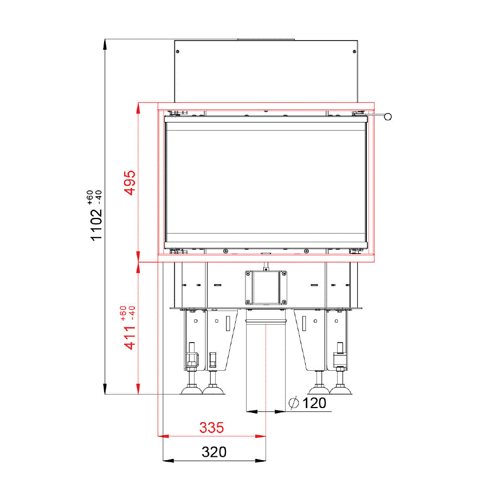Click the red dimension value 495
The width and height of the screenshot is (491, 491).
pyautogui.click(x=130, y=183)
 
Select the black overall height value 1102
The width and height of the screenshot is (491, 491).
pyautogui.click(x=96, y=225)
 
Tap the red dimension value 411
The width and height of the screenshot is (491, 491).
pyautogui.click(x=130, y=338)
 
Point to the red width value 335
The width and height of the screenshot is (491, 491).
pyautogui.click(x=212, y=428)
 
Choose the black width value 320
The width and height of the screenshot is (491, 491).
pyautogui.click(x=214, y=452)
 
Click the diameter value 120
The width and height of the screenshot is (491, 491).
pyautogui.click(x=314, y=403)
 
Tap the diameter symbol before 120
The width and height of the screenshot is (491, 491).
pyautogui.click(x=294, y=403)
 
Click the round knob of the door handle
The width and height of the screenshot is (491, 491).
pyautogui.click(x=387, y=117)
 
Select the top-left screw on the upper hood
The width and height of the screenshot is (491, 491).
pyautogui.click(x=178, y=51)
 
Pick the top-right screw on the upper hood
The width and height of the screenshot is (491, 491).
pyautogui.click(x=354, y=51)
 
